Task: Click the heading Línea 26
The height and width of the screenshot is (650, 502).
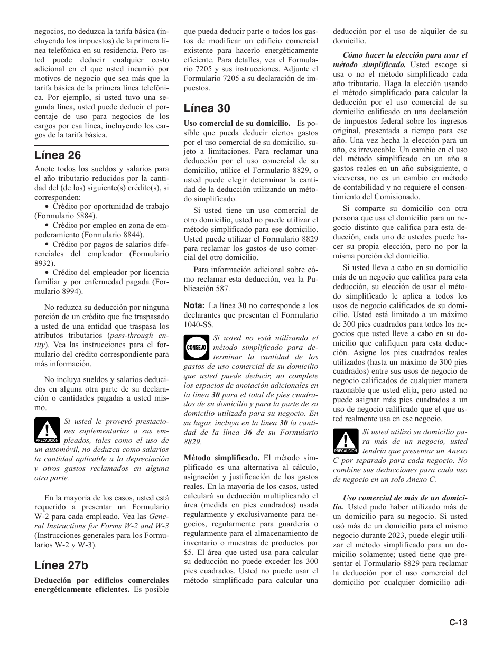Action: (58, 155)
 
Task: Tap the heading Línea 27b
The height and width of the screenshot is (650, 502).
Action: (61, 565)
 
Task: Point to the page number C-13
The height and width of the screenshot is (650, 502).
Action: (459, 623)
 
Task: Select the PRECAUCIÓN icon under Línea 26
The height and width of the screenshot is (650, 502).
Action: (47, 431)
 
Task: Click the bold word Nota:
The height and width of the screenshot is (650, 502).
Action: (194, 305)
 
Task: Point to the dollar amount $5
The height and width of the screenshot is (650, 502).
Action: (188, 552)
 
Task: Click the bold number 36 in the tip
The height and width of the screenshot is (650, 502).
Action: (245, 432)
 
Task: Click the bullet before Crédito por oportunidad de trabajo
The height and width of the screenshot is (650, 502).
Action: (47, 207)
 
